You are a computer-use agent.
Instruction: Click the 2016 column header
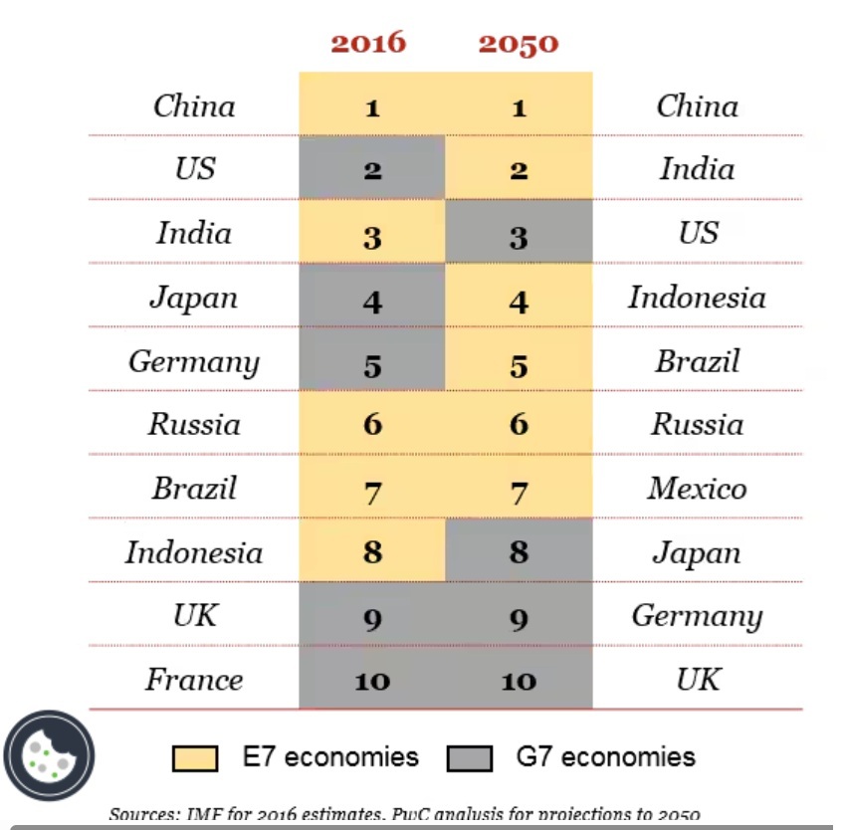point(368,43)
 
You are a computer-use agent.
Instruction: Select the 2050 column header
point(519,43)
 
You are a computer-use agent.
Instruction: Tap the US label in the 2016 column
point(195,169)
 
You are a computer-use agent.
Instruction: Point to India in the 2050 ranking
point(697,169)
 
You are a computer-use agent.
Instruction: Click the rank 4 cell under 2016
point(372,299)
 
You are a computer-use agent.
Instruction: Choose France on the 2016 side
point(194,681)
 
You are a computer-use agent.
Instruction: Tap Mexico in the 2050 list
point(697,490)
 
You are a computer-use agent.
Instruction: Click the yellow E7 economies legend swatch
point(195,758)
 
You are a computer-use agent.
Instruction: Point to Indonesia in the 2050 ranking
point(697,298)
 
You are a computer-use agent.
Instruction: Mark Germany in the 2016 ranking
point(194,362)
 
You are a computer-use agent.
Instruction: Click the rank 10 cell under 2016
point(372,682)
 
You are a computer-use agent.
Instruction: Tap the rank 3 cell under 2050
point(519,236)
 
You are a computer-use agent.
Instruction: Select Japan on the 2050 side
point(697,553)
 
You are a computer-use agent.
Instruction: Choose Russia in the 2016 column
point(195,426)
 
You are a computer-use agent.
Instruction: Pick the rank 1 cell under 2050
point(519,107)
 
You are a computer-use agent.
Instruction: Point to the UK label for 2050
point(697,681)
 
